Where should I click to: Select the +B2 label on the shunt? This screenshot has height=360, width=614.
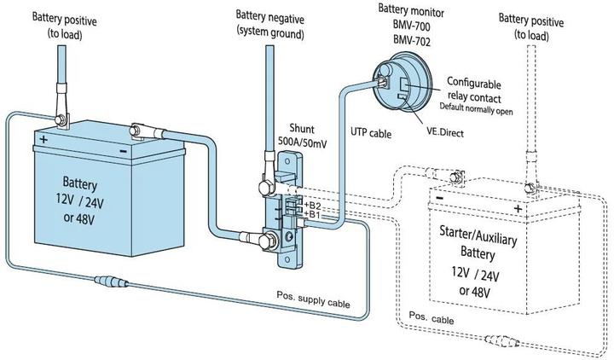pyautogui.click(x=311, y=205)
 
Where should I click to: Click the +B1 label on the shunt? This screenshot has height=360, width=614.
pyautogui.click(x=311, y=215)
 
